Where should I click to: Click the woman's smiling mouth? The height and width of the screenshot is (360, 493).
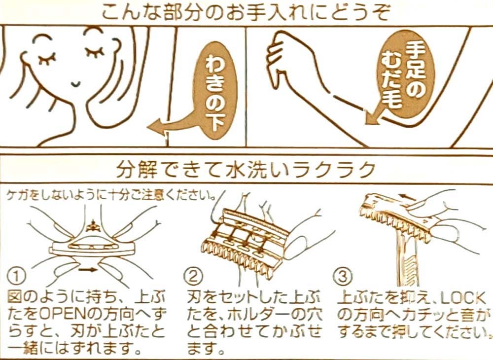[75, 84]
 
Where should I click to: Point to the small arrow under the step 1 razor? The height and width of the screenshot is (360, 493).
[88, 269]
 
